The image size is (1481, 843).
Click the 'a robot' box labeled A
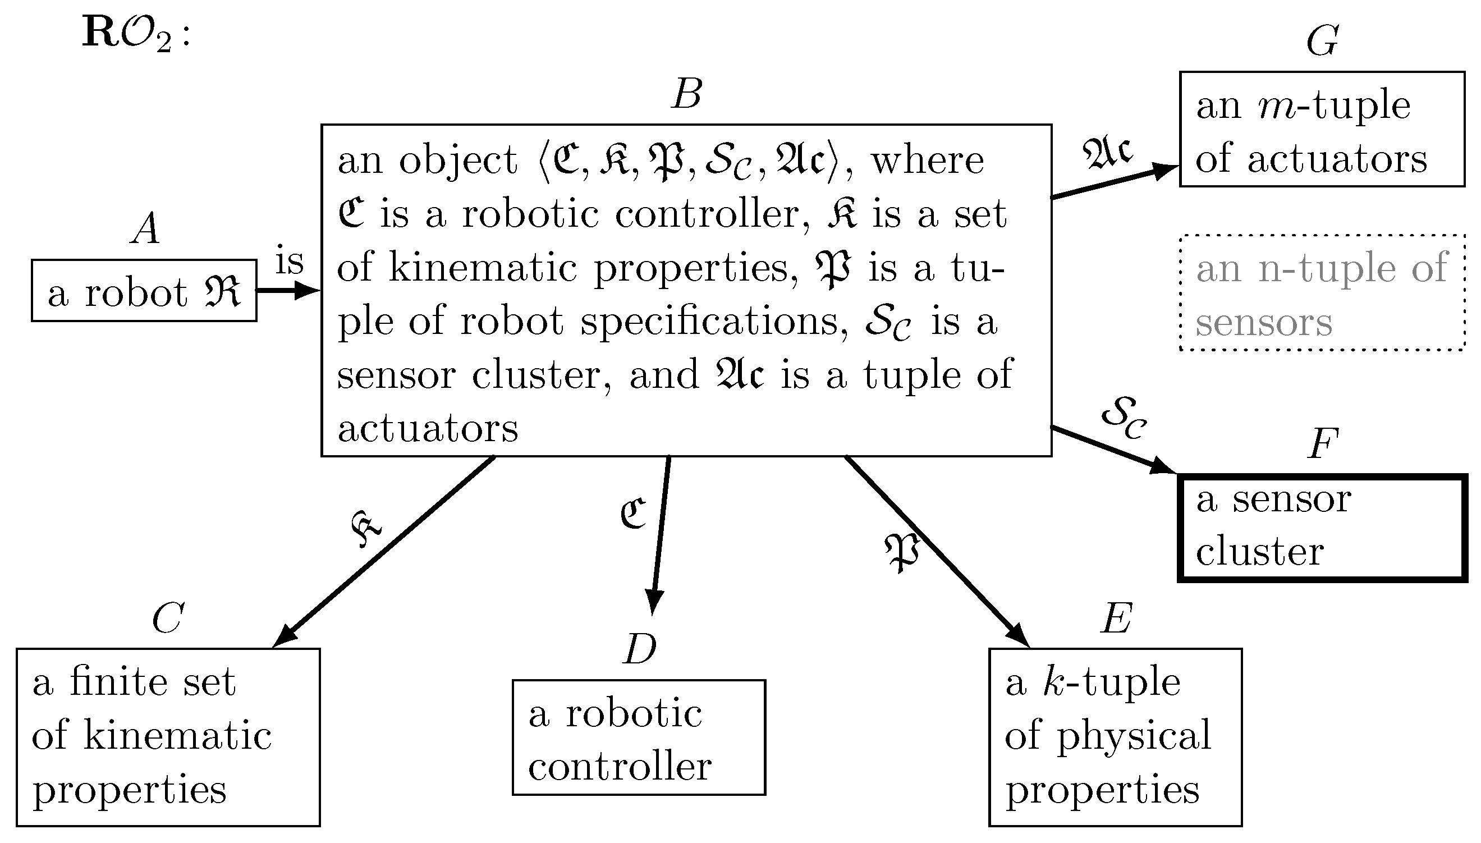[x=144, y=291]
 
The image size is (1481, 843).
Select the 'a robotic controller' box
[x=638, y=737]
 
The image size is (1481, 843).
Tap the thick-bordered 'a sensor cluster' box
[x=1322, y=528]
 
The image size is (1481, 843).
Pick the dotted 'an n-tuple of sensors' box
[x=1322, y=293]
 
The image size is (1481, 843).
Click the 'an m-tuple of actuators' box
[x=1322, y=129]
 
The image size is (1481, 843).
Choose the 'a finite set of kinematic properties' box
[x=168, y=737]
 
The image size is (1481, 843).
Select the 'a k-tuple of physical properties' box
[x=1115, y=737]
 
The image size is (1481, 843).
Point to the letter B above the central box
[x=687, y=94]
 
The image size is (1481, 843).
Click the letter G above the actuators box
[x=1322, y=42]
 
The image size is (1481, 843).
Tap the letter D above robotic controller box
[x=640, y=649]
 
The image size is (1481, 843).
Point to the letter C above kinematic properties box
[x=168, y=618]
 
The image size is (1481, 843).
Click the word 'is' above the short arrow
[x=290, y=262]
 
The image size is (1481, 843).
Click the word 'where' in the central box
[x=927, y=161]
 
